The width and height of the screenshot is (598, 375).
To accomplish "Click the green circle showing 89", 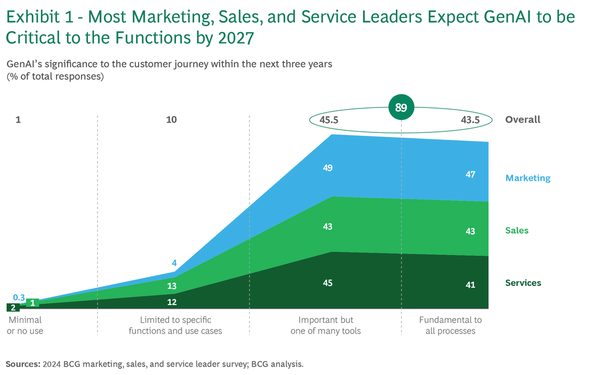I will (401, 107).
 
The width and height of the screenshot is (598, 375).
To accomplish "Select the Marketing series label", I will (527, 178).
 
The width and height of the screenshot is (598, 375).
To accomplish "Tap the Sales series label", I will (516, 231).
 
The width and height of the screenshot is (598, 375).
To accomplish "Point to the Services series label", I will (523, 283).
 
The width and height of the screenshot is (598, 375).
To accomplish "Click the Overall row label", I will (522, 120).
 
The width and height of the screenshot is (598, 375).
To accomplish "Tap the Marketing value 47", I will (470, 174).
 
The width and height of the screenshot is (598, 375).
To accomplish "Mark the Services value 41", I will (470, 285).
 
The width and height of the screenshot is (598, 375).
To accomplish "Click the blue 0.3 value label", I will (19, 297).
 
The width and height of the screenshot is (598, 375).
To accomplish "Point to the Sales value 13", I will (171, 286).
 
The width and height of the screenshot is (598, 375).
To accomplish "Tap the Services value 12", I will (171, 302).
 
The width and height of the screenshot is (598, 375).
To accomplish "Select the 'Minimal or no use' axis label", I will (25, 325).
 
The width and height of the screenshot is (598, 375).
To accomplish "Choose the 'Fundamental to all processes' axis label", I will (450, 325).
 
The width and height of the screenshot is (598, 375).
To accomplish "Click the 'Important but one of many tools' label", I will (326, 325).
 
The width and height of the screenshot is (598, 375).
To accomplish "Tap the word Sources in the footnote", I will (22, 364).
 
